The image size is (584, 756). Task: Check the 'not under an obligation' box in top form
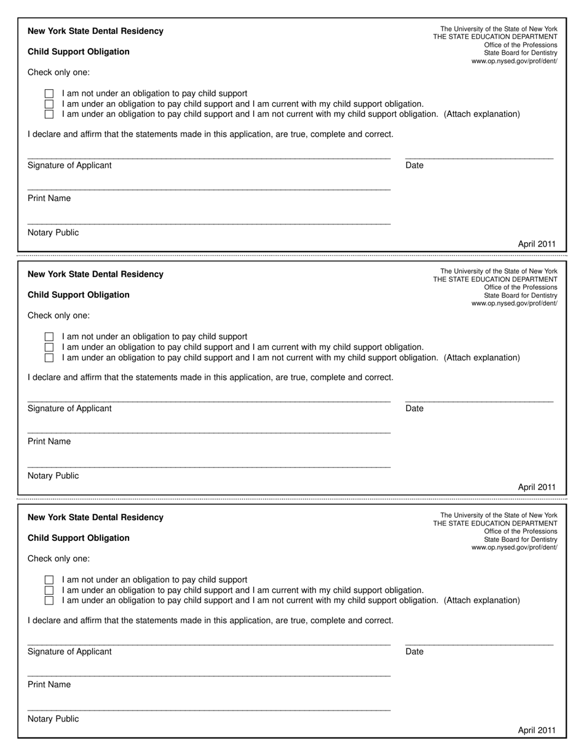click(49, 94)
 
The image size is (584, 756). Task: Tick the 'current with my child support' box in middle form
click(49, 347)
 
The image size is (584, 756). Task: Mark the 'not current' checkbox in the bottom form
click(49, 600)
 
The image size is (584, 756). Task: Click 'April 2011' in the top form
click(537, 244)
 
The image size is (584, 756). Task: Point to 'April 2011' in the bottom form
click(537, 730)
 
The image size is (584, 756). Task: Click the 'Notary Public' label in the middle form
click(53, 476)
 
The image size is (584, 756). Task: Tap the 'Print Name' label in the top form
click(49, 199)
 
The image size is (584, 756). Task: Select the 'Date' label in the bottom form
click(414, 652)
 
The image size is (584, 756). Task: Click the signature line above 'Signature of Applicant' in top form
click(209, 159)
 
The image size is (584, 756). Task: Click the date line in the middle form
click(479, 402)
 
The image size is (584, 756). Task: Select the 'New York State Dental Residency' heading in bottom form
click(95, 518)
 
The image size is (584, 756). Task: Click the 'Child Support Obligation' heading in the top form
click(79, 52)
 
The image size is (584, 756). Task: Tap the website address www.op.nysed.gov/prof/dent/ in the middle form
click(515, 304)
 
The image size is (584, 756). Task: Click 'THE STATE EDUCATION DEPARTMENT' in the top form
click(495, 37)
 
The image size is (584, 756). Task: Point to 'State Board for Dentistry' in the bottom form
click(521, 539)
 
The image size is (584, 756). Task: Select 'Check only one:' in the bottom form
click(58, 559)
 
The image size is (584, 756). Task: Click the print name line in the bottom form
click(209, 676)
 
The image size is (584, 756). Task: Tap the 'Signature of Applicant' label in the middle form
click(69, 409)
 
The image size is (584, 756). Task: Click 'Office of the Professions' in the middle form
click(521, 288)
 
